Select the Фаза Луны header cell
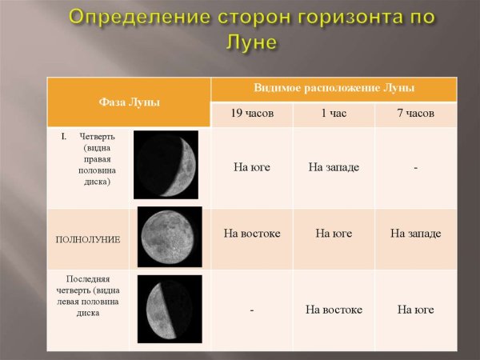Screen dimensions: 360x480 [x=129, y=102]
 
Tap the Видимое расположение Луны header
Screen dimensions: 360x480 [x=334, y=88]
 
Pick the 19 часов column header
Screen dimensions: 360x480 [x=252, y=114]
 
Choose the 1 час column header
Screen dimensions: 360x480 [x=334, y=114]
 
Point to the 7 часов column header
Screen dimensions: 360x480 [x=416, y=114]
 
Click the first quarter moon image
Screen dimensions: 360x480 [x=166, y=164]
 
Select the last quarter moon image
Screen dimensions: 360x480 [x=170, y=309]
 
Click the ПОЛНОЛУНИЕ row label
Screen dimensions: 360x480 [x=88, y=239]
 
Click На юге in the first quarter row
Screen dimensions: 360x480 [x=252, y=167]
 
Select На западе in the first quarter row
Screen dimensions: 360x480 [x=334, y=167]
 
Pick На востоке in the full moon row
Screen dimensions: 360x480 [x=252, y=234]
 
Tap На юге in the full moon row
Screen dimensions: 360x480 [x=334, y=234]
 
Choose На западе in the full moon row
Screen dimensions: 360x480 [x=416, y=234]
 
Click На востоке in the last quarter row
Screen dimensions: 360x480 [x=334, y=310]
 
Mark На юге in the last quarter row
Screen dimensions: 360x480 [x=416, y=310]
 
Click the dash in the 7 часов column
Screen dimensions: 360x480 [x=416, y=168]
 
